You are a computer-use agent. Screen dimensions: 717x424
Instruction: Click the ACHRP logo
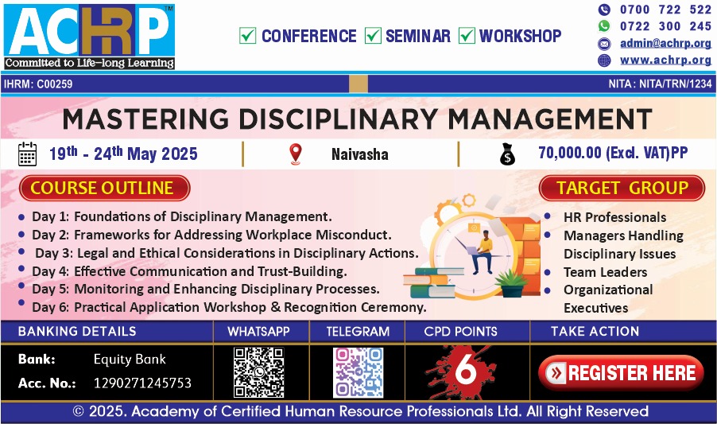pos(90,37)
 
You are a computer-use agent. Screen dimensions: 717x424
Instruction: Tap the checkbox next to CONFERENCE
pos(247,36)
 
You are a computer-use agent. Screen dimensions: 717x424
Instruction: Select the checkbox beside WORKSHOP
pos(467,36)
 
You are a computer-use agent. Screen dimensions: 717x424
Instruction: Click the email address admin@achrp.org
pos(665,43)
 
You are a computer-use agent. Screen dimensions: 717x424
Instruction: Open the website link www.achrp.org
pos(665,60)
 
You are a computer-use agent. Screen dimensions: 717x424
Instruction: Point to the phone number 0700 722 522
pos(665,9)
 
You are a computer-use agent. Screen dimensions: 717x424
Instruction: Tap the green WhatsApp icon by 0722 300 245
pos(604,26)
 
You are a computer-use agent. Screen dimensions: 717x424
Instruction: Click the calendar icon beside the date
pos(28,154)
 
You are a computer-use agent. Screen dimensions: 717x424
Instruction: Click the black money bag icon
pos(507,154)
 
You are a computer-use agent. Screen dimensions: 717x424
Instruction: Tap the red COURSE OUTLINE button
pos(105,188)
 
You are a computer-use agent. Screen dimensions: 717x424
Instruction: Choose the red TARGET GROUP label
pos(622,188)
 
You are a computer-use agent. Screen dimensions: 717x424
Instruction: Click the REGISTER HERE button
pos(621,373)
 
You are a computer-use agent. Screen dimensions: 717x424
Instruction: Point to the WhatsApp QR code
pos(259,371)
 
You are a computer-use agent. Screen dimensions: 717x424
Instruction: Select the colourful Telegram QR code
pos(358,372)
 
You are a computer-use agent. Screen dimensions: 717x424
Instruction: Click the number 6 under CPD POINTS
pos(466,369)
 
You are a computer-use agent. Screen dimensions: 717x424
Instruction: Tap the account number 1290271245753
pos(142,383)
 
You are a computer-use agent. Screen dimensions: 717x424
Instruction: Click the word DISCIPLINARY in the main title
pos(338,119)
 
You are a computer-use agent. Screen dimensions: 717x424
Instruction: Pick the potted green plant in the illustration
pos(511,283)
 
